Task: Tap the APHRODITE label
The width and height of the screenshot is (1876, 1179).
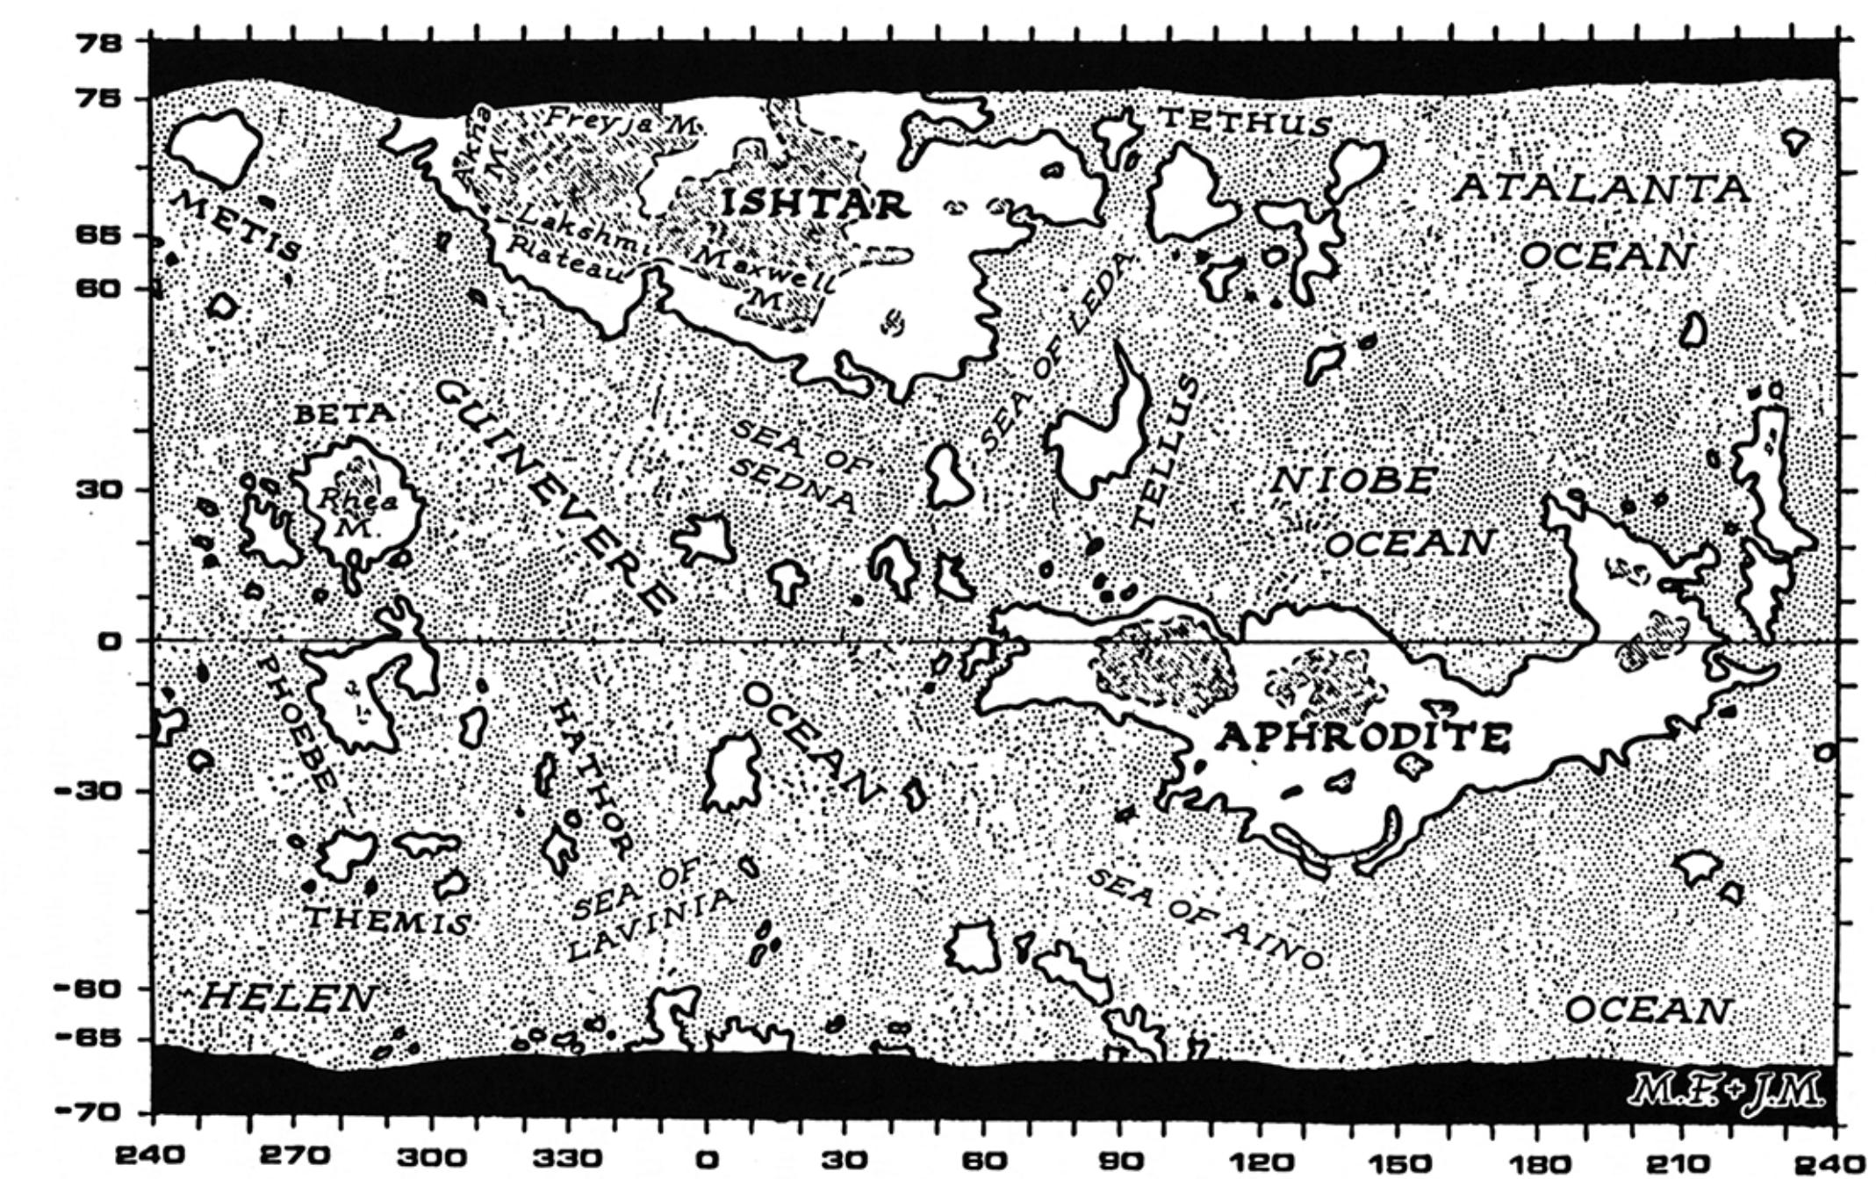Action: [x=1362, y=737]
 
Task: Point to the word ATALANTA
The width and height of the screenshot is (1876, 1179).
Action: [x=1599, y=188]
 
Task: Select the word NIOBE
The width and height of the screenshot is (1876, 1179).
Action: [x=1353, y=481]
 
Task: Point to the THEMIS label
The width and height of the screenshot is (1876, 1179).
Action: [x=387, y=921]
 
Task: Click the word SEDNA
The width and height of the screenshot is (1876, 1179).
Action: [x=793, y=487]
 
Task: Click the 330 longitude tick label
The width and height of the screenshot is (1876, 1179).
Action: [x=569, y=1157]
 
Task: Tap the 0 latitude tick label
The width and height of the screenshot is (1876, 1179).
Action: [x=109, y=642]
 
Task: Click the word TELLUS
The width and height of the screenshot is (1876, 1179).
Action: [x=1161, y=452]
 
